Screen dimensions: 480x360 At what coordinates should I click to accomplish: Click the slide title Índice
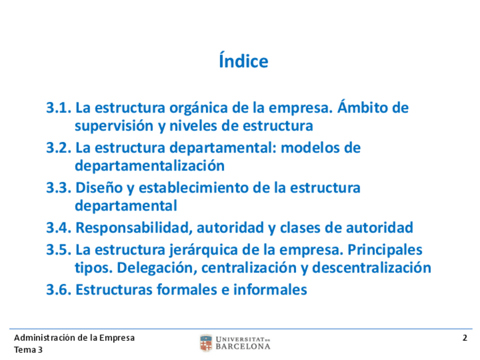(243, 61)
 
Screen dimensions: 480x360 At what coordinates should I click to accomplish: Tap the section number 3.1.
(58, 108)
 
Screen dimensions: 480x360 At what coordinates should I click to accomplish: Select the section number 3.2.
(58, 148)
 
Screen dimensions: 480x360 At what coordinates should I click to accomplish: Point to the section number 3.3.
(58, 188)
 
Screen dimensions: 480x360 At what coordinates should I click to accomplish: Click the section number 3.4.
(58, 228)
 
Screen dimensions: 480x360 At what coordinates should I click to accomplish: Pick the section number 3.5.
(58, 250)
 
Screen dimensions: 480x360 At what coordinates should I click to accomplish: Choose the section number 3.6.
(58, 290)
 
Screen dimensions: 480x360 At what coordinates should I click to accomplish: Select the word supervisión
(114, 126)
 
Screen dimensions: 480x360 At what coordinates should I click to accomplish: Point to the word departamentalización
(149, 166)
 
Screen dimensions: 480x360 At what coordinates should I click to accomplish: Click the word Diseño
(99, 188)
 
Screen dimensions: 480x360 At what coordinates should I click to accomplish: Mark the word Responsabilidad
(134, 228)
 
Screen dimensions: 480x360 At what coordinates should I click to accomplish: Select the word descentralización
(372, 268)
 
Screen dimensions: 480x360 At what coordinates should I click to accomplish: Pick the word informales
(270, 290)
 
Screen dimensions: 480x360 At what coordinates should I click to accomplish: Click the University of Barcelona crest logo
(206, 343)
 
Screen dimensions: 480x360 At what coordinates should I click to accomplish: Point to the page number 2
(465, 338)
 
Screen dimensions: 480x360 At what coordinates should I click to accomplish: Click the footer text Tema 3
(28, 350)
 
